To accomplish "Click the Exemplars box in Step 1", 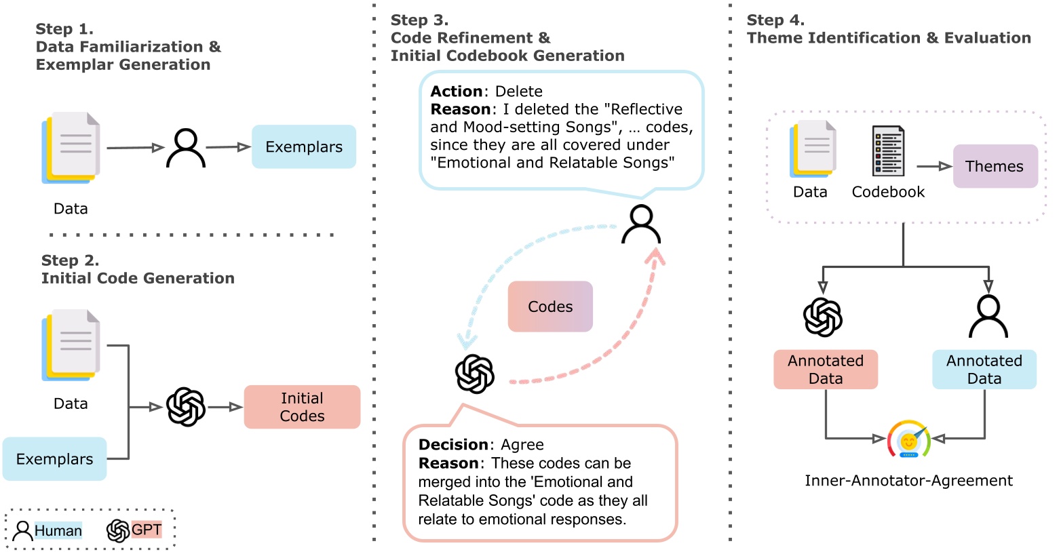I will point(303,146).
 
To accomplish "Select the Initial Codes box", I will point(302,407).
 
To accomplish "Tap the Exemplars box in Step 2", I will point(54,459).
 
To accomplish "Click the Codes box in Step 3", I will point(550,307).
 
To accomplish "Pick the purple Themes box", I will point(995,166).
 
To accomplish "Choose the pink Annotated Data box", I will point(826,370).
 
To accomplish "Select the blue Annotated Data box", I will point(984,370).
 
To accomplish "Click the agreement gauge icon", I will point(908,440).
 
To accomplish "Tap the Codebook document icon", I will point(888,151).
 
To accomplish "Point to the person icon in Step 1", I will point(186,148).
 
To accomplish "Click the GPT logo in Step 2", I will point(186,407).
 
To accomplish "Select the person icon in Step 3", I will point(641,224).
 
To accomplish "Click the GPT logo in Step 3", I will point(475,374).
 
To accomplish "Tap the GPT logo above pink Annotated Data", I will point(823,317).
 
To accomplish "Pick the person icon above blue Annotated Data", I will point(988,317).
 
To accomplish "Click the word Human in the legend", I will point(58,530).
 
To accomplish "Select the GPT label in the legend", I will point(147,530).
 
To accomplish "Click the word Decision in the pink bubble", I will point(453,445).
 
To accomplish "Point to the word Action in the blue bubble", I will point(457,92).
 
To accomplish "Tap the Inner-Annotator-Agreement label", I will point(908,481).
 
